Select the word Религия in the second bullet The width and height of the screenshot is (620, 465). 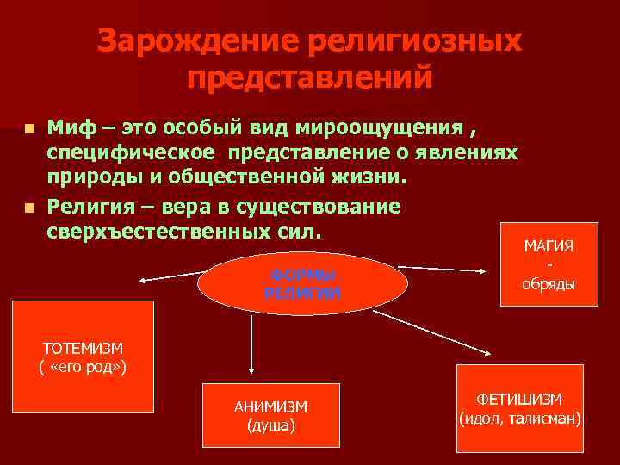[x=92, y=207]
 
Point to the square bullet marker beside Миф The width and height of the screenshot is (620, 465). [x=30, y=129]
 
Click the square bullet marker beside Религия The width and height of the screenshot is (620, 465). [x=30, y=208]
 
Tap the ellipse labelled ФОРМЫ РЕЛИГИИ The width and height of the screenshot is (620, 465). [x=302, y=283]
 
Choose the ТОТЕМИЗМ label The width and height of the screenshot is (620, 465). [x=83, y=348]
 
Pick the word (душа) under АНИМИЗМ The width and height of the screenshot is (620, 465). [x=270, y=425]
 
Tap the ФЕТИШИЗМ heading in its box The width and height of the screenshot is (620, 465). [x=520, y=400]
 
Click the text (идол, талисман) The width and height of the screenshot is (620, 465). [x=520, y=419]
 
